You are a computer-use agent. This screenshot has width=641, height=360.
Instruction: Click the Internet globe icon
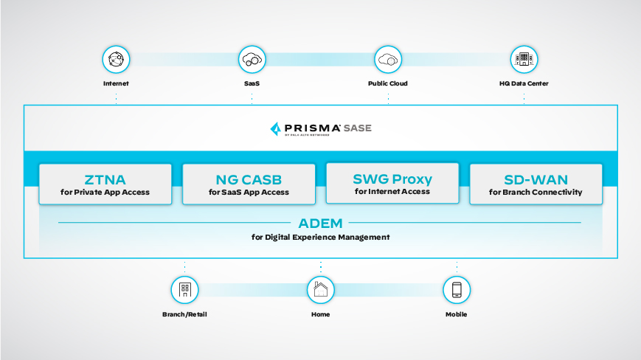point(116,59)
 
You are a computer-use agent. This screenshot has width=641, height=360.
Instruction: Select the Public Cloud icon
point(387,59)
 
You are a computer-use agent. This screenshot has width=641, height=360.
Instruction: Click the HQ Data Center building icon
point(524,59)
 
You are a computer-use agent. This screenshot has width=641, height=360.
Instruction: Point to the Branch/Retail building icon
point(184,290)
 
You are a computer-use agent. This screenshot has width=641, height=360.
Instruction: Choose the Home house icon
point(320,290)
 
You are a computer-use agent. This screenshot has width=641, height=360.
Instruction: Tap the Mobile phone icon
point(457,290)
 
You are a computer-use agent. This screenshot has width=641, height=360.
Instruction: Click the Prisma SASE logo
point(321,129)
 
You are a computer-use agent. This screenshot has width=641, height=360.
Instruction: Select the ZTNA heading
point(105,179)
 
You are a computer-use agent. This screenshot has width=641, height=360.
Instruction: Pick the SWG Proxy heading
point(392,179)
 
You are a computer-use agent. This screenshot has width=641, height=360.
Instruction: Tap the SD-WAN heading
point(536,179)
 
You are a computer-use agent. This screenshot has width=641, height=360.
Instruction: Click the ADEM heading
point(320,223)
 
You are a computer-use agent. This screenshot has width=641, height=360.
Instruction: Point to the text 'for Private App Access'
point(105,193)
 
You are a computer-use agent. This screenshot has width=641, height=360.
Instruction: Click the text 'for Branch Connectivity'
point(536,193)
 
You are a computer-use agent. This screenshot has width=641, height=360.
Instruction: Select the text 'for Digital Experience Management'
point(320,237)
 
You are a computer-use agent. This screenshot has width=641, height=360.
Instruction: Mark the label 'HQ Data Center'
point(524,83)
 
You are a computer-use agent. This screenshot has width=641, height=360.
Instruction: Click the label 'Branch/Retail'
point(184,314)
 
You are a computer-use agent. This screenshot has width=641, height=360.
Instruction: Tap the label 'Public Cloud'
point(387,83)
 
